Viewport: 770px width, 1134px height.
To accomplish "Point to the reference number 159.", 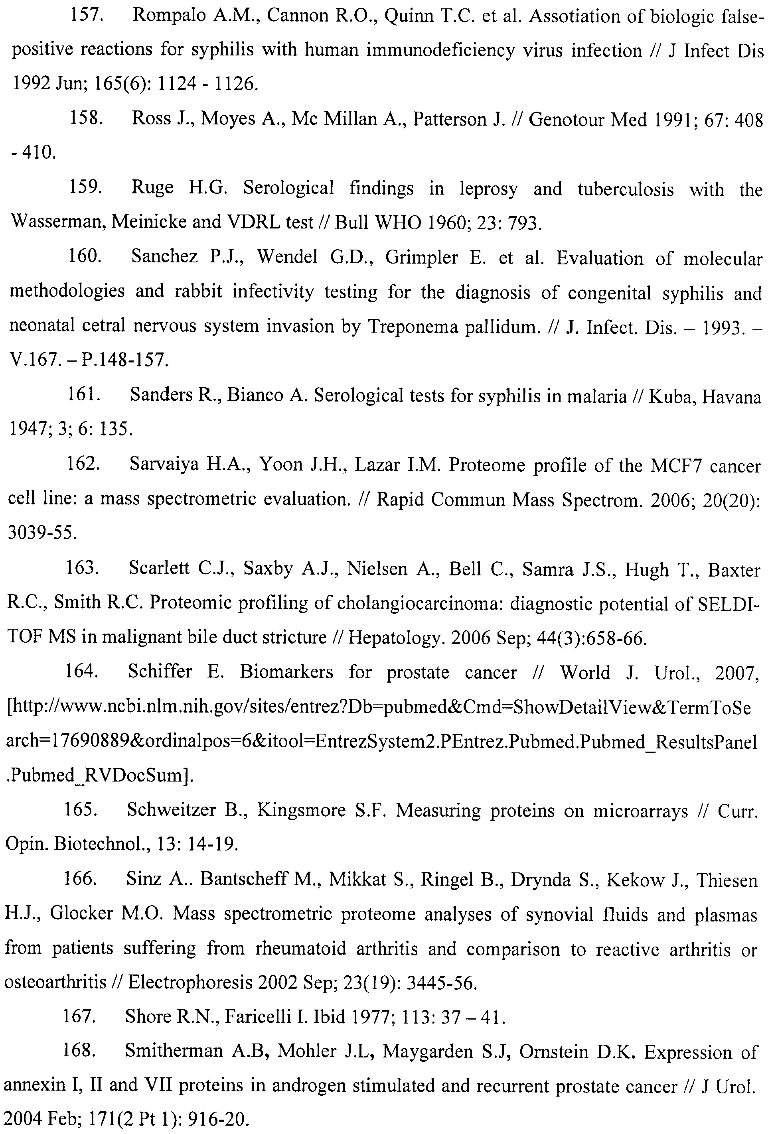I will [85, 187].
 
